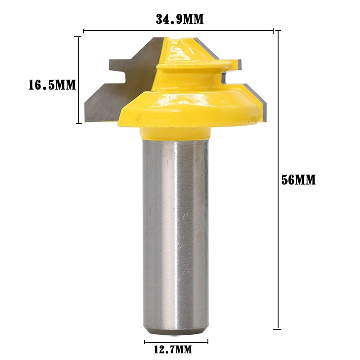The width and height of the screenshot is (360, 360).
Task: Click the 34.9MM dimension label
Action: (180, 19)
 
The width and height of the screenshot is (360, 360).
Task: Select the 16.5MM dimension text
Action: (52, 85)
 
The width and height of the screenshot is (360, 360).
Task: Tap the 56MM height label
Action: (298, 180)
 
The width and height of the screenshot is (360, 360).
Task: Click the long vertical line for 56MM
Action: (279, 180)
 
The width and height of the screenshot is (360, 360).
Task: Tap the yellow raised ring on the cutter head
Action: (189, 67)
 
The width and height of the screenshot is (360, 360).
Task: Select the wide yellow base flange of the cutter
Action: (189, 108)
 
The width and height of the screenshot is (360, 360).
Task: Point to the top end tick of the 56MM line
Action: (279, 31)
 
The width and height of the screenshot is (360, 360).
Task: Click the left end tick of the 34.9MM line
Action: (84, 31)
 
